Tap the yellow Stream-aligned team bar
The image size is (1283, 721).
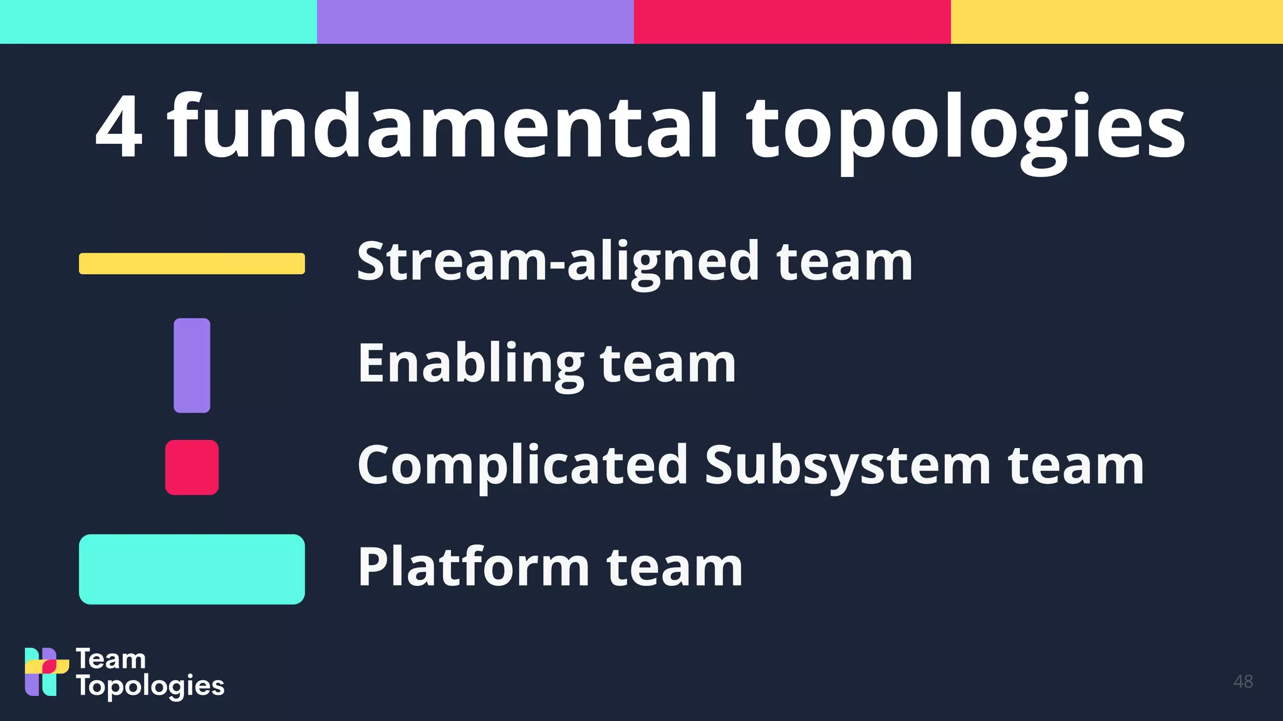click(x=192, y=263)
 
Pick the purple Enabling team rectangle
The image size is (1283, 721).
click(x=192, y=366)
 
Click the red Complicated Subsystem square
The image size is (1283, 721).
click(x=192, y=468)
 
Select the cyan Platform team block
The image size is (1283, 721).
click(x=192, y=569)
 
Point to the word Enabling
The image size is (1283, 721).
click(x=470, y=364)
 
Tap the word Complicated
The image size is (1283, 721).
click(x=522, y=466)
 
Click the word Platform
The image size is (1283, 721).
click(x=474, y=567)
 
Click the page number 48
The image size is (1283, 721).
click(x=1243, y=682)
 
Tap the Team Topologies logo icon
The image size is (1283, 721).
click(x=46, y=672)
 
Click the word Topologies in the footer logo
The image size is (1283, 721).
click(x=150, y=687)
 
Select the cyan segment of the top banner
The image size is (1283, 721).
click(x=158, y=22)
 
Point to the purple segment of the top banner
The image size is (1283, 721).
click(x=475, y=22)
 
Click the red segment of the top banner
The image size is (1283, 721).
click(x=792, y=22)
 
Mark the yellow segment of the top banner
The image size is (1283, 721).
click(x=1117, y=22)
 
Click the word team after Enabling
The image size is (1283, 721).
click(x=668, y=364)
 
